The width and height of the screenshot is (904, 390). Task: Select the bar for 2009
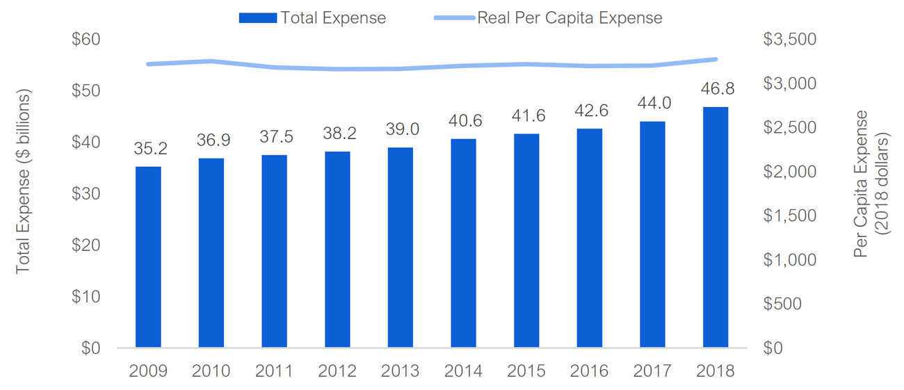(148, 257)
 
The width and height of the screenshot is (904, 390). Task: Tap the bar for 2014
(463, 243)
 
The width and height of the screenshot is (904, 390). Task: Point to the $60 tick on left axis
(87, 40)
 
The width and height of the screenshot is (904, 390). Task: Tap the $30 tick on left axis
(87, 193)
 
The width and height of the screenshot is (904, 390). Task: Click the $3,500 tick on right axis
(790, 40)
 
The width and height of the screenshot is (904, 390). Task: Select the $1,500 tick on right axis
(790, 216)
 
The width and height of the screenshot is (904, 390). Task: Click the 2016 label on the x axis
(590, 371)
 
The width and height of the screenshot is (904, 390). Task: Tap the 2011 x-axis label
(274, 371)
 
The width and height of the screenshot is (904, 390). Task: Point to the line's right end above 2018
(716, 59)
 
